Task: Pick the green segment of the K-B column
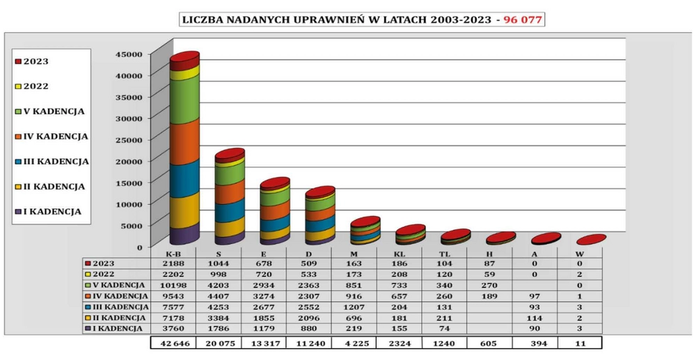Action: [184, 97]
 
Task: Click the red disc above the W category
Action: [591, 240]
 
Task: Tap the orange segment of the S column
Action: [230, 191]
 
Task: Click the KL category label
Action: [400, 254]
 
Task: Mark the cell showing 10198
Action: [175, 284]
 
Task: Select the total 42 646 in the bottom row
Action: [175, 343]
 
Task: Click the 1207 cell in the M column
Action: [354, 306]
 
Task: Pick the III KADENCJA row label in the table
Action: [118, 306]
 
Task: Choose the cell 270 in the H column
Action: [489, 284]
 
